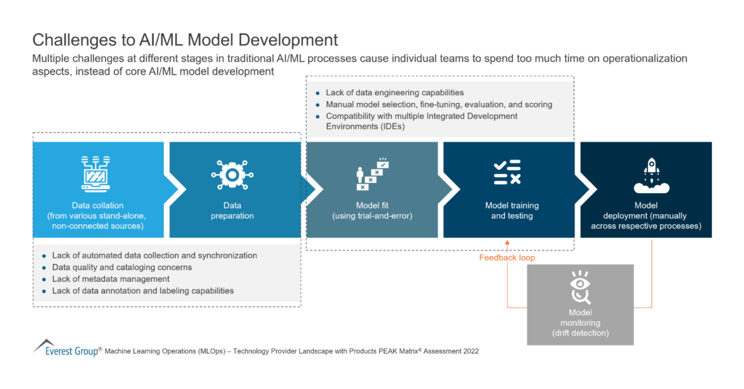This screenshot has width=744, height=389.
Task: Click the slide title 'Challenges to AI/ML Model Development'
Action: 185,39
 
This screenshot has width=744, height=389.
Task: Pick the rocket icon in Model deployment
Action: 646,175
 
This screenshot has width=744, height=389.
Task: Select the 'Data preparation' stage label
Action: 233,210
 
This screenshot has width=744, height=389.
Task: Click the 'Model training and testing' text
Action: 511,210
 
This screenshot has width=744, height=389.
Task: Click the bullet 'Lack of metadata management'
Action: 110,279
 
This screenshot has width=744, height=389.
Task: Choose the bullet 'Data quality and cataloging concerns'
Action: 122,267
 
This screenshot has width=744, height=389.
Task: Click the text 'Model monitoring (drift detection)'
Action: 580,323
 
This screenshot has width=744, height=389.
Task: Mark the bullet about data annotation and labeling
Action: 142,290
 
